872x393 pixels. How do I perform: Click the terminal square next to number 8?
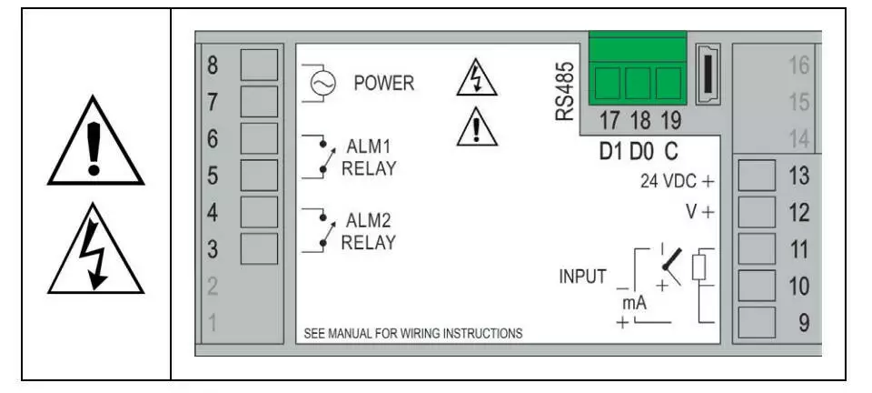click(258, 65)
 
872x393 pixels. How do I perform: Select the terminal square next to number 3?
click(258, 247)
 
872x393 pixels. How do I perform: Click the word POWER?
click(383, 84)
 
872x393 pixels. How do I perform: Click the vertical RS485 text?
click(565, 92)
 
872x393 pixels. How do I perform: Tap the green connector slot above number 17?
click(606, 85)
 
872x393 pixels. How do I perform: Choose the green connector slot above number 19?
click(668, 85)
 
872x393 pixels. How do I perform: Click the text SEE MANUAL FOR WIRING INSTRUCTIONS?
click(413, 333)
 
